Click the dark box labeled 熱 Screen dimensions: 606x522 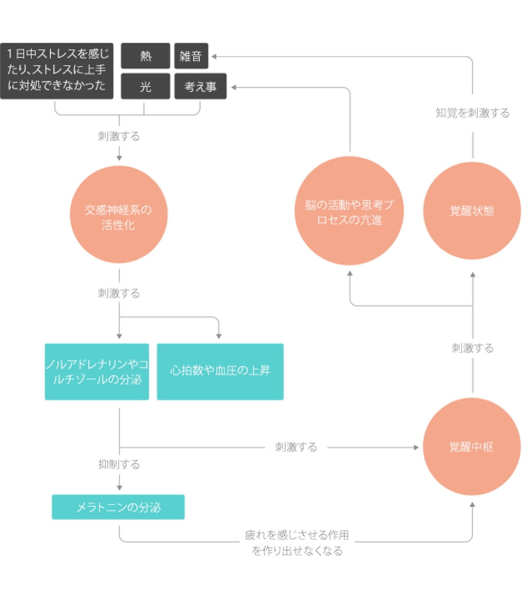click(145, 56)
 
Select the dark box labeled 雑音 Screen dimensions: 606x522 click(191, 56)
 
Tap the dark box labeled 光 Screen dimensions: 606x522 click(145, 87)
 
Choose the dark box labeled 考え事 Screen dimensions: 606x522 click(200, 87)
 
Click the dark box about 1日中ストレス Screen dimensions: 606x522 click(57, 71)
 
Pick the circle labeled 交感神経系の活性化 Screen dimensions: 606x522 click(118, 215)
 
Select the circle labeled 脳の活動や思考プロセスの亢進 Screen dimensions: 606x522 click(349, 211)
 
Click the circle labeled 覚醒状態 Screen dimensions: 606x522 click(472, 211)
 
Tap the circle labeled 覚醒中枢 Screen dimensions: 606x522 click(471, 447)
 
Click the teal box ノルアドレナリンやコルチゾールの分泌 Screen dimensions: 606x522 click(97, 371)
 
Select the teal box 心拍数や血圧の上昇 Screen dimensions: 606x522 click(220, 371)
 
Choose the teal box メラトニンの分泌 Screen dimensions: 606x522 click(118, 507)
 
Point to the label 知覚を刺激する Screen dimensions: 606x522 click(472, 113)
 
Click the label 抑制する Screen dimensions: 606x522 click(119, 464)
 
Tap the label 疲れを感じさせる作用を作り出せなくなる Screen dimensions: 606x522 click(297, 543)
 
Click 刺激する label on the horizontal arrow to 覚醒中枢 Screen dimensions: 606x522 click(296, 447)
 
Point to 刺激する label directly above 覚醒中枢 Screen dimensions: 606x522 click(472, 348)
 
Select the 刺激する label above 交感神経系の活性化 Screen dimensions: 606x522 click(119, 136)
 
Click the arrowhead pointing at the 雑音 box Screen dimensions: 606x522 click(214, 57)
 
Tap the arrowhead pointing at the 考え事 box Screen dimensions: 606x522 click(234, 87)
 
